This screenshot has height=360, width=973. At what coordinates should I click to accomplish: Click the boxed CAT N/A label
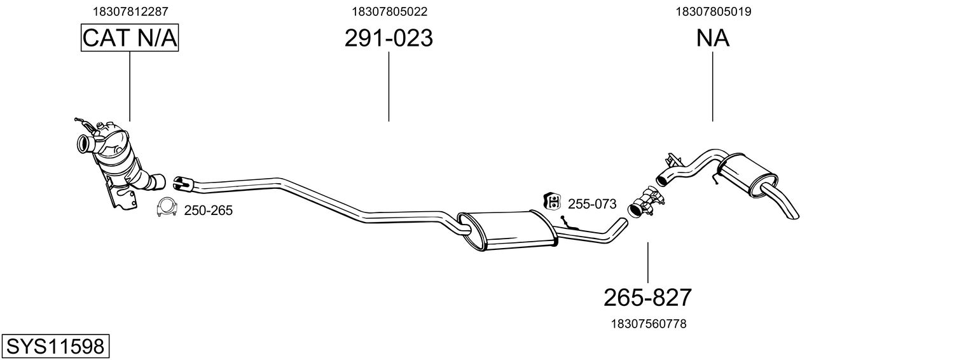point(130,38)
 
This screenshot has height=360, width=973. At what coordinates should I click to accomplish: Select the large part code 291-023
point(389,38)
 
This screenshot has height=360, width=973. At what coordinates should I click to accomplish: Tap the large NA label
point(712,38)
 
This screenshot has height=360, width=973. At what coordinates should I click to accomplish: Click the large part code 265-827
point(647,297)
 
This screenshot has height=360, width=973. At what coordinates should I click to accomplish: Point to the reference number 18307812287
point(130,11)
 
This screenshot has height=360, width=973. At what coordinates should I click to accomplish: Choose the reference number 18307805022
point(389,11)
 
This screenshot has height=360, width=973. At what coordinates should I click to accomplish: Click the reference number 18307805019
point(712,11)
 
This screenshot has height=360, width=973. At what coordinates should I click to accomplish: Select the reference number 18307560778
point(648,324)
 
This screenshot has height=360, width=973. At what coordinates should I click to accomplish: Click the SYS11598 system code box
point(55,347)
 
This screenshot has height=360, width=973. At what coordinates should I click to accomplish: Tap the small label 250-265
point(208,211)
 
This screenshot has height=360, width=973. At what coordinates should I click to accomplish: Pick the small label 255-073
point(592,204)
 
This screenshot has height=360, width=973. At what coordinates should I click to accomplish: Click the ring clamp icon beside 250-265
point(167,208)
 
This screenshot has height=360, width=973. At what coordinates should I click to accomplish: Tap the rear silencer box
point(748,173)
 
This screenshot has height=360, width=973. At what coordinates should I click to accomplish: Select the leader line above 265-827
point(647,262)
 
